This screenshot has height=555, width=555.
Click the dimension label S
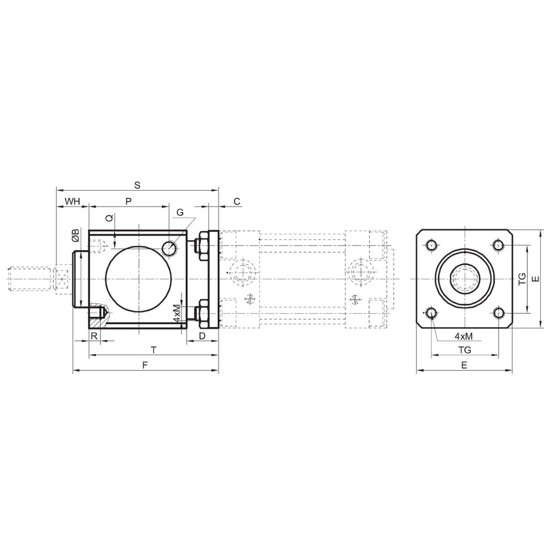coord(137,185)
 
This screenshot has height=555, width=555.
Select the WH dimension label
coord(72,201)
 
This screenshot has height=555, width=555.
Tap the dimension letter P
coord(129,201)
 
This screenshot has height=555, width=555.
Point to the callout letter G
coord(180,212)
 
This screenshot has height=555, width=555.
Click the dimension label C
coord(237,201)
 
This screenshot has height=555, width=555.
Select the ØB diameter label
coord(75,235)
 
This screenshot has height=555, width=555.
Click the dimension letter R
coord(94,336)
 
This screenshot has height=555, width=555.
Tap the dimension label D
coord(202,336)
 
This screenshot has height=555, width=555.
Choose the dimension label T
coord(154,350)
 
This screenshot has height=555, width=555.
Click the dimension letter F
coord(145,365)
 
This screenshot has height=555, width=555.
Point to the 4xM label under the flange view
coord(464,336)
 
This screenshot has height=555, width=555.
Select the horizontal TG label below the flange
coord(464,350)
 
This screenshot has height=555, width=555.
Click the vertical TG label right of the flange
coord(522,279)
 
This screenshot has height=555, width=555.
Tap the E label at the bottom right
coord(464,365)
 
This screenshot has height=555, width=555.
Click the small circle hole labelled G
coord(169,248)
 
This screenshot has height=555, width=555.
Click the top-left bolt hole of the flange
coord(432,246)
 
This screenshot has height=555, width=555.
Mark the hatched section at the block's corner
coord(98,316)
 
